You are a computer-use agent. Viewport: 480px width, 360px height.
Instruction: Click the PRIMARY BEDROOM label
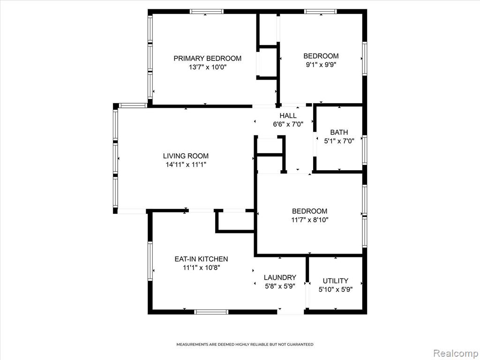[x=208, y=58]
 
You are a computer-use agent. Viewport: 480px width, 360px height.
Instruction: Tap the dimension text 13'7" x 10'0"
[x=208, y=67]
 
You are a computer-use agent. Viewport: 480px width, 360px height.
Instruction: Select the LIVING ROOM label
[x=186, y=156]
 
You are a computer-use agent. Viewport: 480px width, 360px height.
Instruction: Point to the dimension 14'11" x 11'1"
[x=186, y=165]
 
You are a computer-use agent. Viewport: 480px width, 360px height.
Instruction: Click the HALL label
[x=288, y=115]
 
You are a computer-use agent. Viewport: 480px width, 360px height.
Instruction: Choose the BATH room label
[x=339, y=132]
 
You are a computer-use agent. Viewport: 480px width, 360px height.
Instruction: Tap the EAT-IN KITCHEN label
[x=201, y=259]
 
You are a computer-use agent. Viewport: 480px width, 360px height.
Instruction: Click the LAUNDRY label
[x=280, y=277]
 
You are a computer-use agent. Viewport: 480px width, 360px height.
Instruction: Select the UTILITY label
[x=336, y=281]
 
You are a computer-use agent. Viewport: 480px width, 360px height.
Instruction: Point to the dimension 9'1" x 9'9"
[x=321, y=65]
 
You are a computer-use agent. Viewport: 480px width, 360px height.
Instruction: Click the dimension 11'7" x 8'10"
[x=310, y=219]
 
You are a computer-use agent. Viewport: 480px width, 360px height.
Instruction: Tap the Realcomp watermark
[x=456, y=353]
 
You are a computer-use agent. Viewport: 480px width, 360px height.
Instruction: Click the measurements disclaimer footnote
[x=245, y=345]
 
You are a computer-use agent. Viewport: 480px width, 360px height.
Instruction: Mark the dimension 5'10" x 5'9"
[x=336, y=289]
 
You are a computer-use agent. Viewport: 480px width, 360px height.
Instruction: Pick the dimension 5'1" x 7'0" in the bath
[x=339, y=141]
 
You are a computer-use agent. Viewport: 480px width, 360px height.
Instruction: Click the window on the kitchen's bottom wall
[x=211, y=312]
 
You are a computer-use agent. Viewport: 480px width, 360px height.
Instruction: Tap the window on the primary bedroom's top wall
[x=206, y=12]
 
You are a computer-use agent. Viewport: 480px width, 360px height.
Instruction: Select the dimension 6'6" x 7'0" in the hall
[x=288, y=124]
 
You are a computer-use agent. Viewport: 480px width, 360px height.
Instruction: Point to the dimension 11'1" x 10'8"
[x=202, y=268]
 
